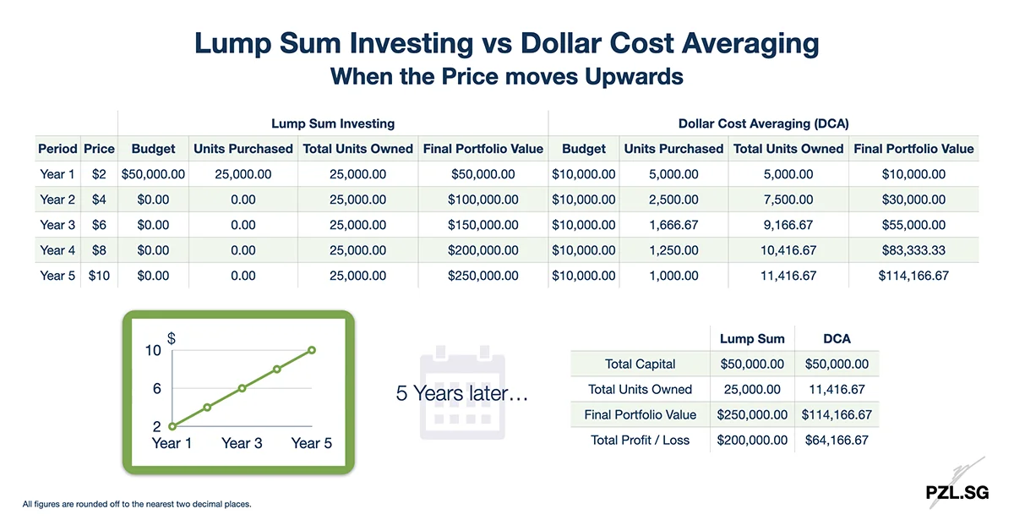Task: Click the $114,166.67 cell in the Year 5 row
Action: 913,276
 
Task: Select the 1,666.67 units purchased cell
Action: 673,225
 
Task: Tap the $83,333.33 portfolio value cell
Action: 913,250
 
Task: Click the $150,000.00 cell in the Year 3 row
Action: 482,225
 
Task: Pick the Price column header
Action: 99,149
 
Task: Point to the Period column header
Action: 57,149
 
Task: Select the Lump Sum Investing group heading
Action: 333,123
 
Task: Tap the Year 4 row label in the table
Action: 57,250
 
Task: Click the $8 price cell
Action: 99,250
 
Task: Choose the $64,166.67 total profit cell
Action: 837,440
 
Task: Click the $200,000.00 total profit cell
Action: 752,440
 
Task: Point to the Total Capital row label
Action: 640,364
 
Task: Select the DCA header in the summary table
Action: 837,338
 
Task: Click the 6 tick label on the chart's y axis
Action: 156,389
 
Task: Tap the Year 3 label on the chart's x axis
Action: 242,443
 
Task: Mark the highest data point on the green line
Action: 312,350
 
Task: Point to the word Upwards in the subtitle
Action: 631,76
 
